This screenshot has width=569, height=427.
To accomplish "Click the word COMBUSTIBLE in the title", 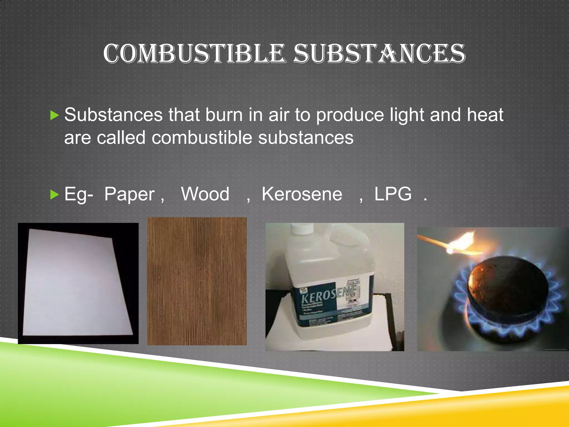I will [x=194, y=53].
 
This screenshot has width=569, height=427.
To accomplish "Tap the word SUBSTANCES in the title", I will [x=379, y=53].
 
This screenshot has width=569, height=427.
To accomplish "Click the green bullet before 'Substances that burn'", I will [x=54, y=115].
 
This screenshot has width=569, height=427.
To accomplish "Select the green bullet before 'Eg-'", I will [x=54, y=195].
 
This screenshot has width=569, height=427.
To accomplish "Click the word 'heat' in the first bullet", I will [x=485, y=115].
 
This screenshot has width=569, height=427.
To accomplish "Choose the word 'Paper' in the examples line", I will [x=129, y=194].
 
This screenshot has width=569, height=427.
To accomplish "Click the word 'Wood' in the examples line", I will [x=205, y=194].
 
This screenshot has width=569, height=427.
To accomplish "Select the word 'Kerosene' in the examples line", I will [x=302, y=194].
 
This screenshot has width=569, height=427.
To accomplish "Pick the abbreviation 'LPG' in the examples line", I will [x=393, y=194].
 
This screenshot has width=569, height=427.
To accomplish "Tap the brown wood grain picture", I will [x=197, y=281].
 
